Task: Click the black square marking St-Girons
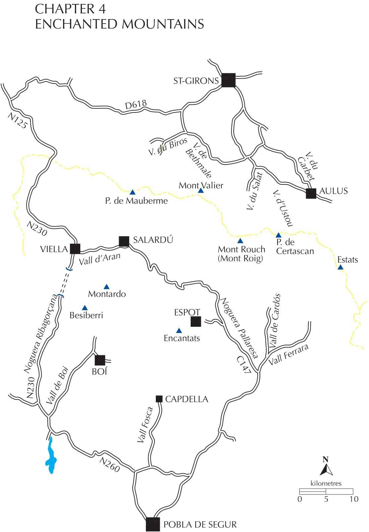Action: (228, 80)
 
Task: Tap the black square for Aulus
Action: (311, 193)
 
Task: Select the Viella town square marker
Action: (75, 249)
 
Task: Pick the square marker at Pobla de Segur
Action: (153, 524)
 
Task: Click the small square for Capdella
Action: (159, 399)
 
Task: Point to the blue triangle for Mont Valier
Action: (201, 191)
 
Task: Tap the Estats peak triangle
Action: (340, 267)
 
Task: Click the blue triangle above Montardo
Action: (106, 287)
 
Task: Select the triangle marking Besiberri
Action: (85, 307)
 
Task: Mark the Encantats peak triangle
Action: (179, 330)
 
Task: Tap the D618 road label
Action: (136, 105)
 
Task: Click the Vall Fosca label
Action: (145, 425)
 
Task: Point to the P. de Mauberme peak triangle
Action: (133, 192)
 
